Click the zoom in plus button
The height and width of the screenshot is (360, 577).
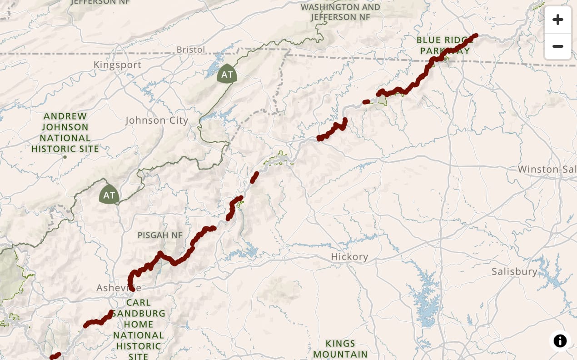(x=557, y=20)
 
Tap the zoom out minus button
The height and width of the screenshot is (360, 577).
(x=557, y=46)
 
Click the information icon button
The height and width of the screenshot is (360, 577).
(x=560, y=340)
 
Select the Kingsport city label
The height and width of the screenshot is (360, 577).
(x=117, y=65)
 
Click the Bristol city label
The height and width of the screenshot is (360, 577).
(x=191, y=50)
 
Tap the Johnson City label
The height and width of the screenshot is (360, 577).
(x=156, y=120)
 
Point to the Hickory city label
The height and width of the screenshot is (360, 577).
(x=349, y=257)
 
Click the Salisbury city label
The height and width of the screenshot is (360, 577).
(x=514, y=272)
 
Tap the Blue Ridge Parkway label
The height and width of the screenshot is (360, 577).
(x=443, y=45)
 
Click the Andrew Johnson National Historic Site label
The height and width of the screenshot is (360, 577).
(x=65, y=132)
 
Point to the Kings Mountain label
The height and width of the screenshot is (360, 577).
(x=340, y=349)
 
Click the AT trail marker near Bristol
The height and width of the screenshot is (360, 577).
(x=227, y=74)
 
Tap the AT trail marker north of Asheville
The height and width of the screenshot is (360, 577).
(x=109, y=195)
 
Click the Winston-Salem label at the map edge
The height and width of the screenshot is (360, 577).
(x=547, y=170)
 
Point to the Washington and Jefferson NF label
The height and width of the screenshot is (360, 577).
(x=340, y=12)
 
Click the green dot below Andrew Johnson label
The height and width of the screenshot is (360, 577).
(x=65, y=157)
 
